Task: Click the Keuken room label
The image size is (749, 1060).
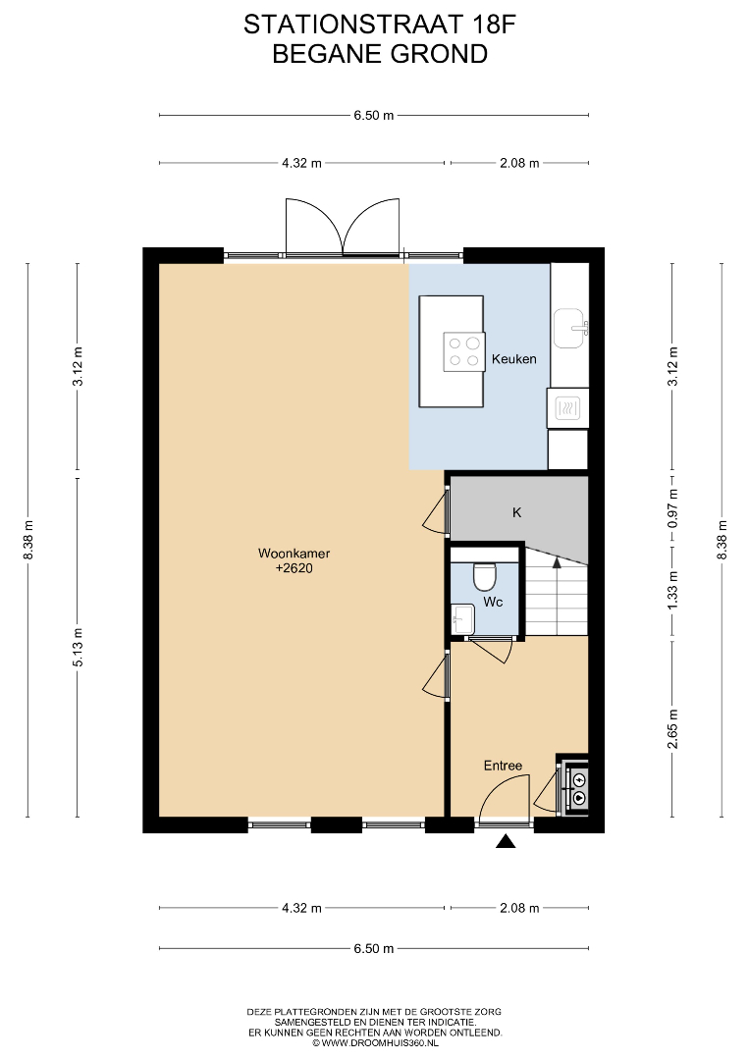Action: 513,359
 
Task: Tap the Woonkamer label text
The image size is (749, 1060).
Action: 294,553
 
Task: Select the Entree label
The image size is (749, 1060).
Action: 503,766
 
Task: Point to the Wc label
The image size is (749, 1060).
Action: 493,602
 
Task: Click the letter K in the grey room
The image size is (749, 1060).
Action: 517,512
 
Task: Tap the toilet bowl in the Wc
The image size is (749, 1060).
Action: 485,576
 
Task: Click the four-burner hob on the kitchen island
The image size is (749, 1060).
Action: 463,351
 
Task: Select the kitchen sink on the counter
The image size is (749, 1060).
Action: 570,328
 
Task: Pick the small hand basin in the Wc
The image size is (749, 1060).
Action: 463,618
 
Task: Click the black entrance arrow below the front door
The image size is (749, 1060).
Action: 506,841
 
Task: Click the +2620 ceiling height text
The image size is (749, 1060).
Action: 294,568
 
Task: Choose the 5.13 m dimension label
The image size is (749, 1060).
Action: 78,648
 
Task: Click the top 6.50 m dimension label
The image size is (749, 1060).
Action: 373,115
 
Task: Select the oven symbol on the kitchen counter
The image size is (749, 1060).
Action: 567,408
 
